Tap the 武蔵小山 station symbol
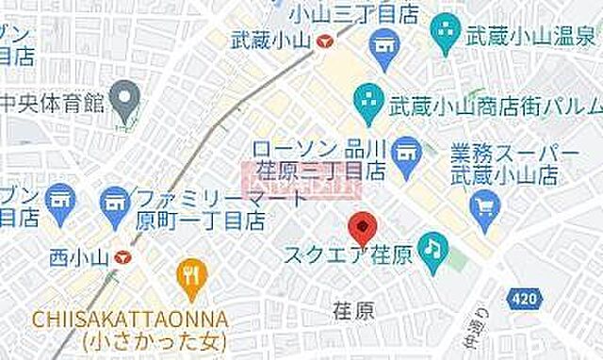(x=324, y=41)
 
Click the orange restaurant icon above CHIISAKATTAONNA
(x=191, y=274)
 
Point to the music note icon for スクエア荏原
(x=433, y=247)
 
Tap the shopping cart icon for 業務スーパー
(x=486, y=201)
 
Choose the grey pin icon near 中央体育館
(x=123, y=95)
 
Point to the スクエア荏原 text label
(x=348, y=255)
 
